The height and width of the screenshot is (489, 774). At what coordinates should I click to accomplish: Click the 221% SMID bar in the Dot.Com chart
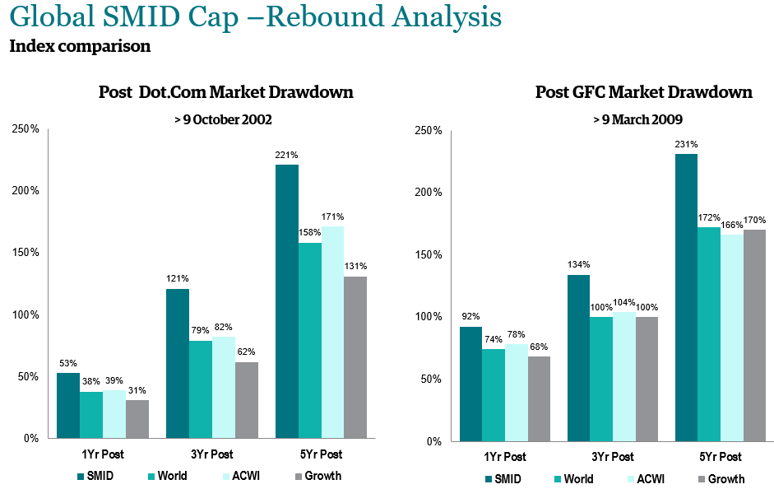(x=287, y=301)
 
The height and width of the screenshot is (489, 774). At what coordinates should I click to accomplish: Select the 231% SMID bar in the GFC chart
(x=686, y=297)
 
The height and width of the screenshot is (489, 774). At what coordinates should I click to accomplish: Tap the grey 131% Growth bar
(x=355, y=357)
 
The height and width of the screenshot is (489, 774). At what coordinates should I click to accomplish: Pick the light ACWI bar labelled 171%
(x=332, y=332)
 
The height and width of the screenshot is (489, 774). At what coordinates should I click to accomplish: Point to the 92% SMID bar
(x=470, y=384)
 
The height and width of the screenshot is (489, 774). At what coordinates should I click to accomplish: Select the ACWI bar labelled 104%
(x=624, y=376)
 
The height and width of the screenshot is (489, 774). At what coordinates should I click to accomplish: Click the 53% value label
(x=68, y=363)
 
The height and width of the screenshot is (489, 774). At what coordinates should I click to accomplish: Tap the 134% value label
(x=578, y=264)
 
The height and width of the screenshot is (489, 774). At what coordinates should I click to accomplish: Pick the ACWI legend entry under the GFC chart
(x=650, y=478)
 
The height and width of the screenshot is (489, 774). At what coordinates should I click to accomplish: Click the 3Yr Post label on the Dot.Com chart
(x=211, y=454)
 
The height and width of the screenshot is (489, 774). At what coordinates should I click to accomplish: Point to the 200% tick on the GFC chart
(x=428, y=192)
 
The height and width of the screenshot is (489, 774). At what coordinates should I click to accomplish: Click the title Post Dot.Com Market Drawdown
(x=226, y=91)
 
